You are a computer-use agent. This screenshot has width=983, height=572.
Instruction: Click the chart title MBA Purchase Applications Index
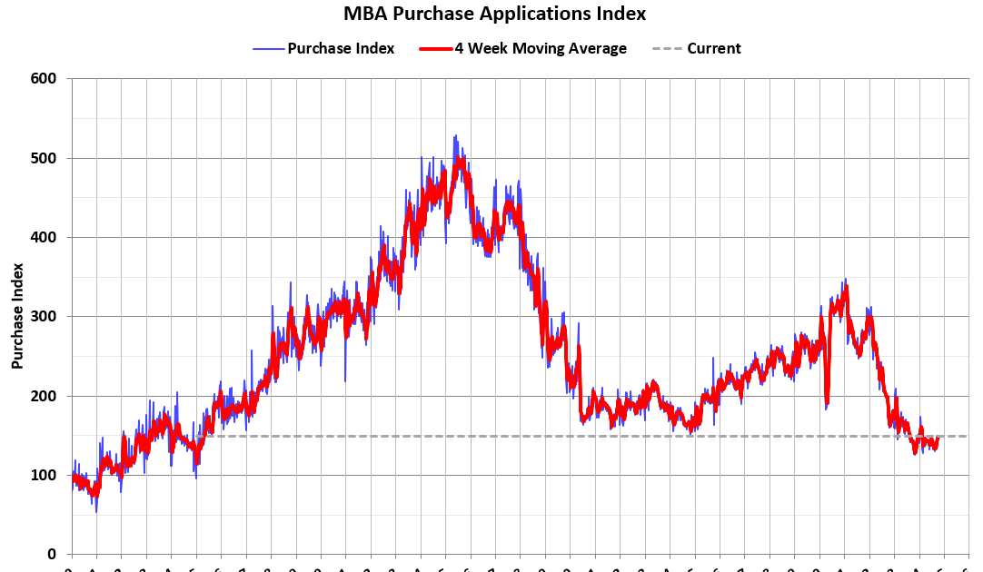[x=494, y=14]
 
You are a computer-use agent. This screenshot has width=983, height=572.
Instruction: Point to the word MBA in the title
[x=363, y=14]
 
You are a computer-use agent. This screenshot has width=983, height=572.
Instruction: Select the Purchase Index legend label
[x=341, y=48]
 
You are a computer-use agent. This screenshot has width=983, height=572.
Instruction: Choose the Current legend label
[x=713, y=48]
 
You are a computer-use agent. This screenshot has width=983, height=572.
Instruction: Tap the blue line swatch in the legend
[x=269, y=48]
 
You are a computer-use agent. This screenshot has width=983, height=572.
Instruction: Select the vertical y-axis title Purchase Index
[x=17, y=316]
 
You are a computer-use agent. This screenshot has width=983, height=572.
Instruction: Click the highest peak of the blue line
[x=455, y=135]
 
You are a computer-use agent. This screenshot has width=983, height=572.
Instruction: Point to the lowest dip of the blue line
[x=96, y=512]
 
